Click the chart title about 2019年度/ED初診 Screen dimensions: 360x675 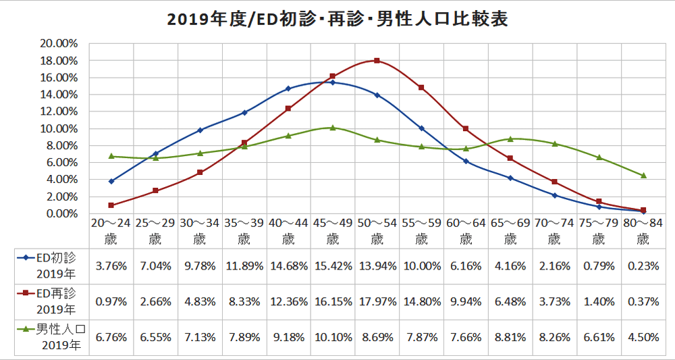point(337,18)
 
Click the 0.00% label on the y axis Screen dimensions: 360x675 point(63,213)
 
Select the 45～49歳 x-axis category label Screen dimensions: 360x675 point(332,230)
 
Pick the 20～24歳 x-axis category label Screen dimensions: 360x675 point(111,230)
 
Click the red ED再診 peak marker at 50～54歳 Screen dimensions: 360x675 point(377,61)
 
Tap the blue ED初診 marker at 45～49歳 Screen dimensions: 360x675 point(332,82)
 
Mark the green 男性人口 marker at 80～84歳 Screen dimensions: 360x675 point(643,176)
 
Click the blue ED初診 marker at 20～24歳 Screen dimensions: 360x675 point(111,181)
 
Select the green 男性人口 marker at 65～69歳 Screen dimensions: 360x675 point(510,138)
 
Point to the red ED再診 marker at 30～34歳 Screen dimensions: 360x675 point(200,172)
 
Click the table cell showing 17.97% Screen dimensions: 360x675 point(377,301)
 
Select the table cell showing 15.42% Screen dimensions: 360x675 point(332,265)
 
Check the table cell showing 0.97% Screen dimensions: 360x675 point(111,301)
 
